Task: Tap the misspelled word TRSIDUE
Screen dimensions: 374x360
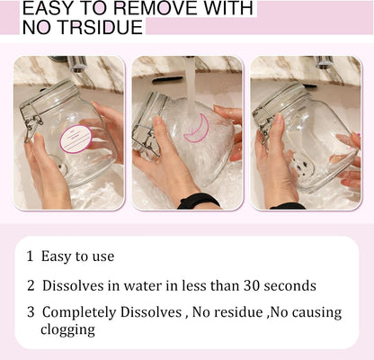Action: click(101, 27)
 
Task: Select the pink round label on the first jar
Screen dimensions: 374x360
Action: click(76, 139)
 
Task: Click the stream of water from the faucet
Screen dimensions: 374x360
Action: click(191, 87)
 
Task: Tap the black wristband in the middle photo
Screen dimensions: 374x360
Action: click(199, 201)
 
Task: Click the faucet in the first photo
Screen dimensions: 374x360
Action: click(75, 63)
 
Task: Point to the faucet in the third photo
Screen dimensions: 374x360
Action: click(325, 62)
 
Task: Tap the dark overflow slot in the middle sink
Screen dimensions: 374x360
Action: click(167, 80)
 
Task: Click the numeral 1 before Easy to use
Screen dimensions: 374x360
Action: click(30, 256)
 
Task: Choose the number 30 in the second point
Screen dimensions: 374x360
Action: click(251, 285)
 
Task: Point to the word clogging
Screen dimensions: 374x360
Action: click(68, 330)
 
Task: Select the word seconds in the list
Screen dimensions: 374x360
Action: click(289, 286)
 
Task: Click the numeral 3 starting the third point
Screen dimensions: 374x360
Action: click(31, 312)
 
